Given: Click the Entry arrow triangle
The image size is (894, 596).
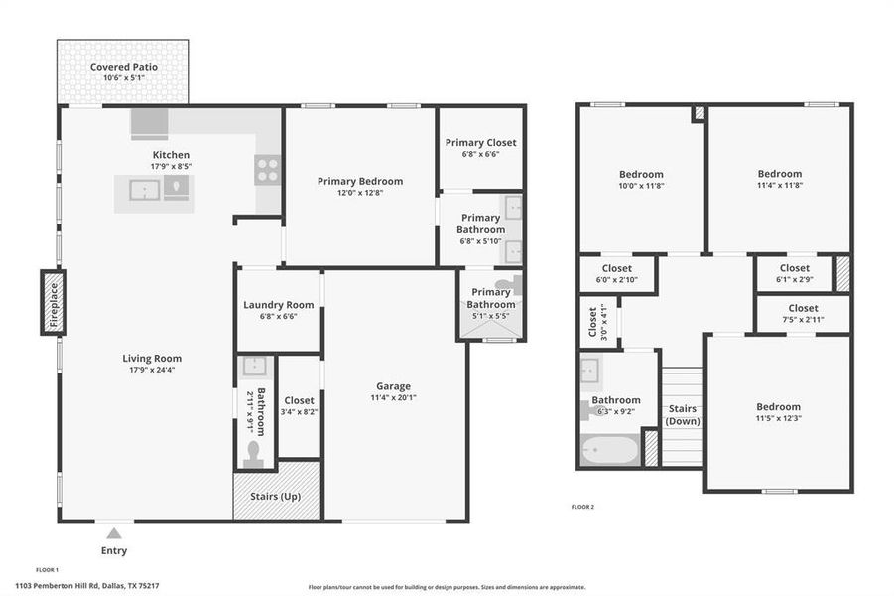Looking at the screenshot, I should point(114,533).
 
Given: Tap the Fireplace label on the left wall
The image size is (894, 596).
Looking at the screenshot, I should point(53,301).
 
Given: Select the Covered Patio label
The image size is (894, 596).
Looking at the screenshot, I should point(124,67).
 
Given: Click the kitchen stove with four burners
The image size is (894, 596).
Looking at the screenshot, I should point(267,170).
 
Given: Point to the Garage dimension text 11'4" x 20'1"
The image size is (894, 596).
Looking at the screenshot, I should point(393,398).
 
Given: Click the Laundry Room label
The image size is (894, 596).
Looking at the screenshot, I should point(279,305).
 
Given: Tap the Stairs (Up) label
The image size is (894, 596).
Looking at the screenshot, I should point(277,496).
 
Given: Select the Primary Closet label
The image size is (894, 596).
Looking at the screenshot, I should point(481,142).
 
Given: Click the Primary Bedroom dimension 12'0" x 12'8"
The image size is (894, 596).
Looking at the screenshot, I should point(359,194).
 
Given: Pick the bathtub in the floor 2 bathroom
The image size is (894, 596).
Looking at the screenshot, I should point(608,450).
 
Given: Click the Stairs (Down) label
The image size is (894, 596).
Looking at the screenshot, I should point(682,415).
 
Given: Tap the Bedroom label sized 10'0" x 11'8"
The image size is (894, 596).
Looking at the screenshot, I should point(640,174).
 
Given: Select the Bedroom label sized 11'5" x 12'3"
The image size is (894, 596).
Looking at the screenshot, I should point(778,406).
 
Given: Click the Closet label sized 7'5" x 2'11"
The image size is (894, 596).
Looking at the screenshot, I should point(803,308).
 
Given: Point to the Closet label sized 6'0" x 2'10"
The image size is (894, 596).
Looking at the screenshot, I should point(616,268).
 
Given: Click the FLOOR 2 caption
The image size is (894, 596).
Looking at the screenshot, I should point(581,507).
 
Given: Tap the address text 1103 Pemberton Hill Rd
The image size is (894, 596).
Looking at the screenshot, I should point(87,586).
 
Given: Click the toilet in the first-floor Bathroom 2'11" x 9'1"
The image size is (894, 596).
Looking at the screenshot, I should point(253,454).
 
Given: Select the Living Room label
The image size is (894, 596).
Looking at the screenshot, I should point(152,358).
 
